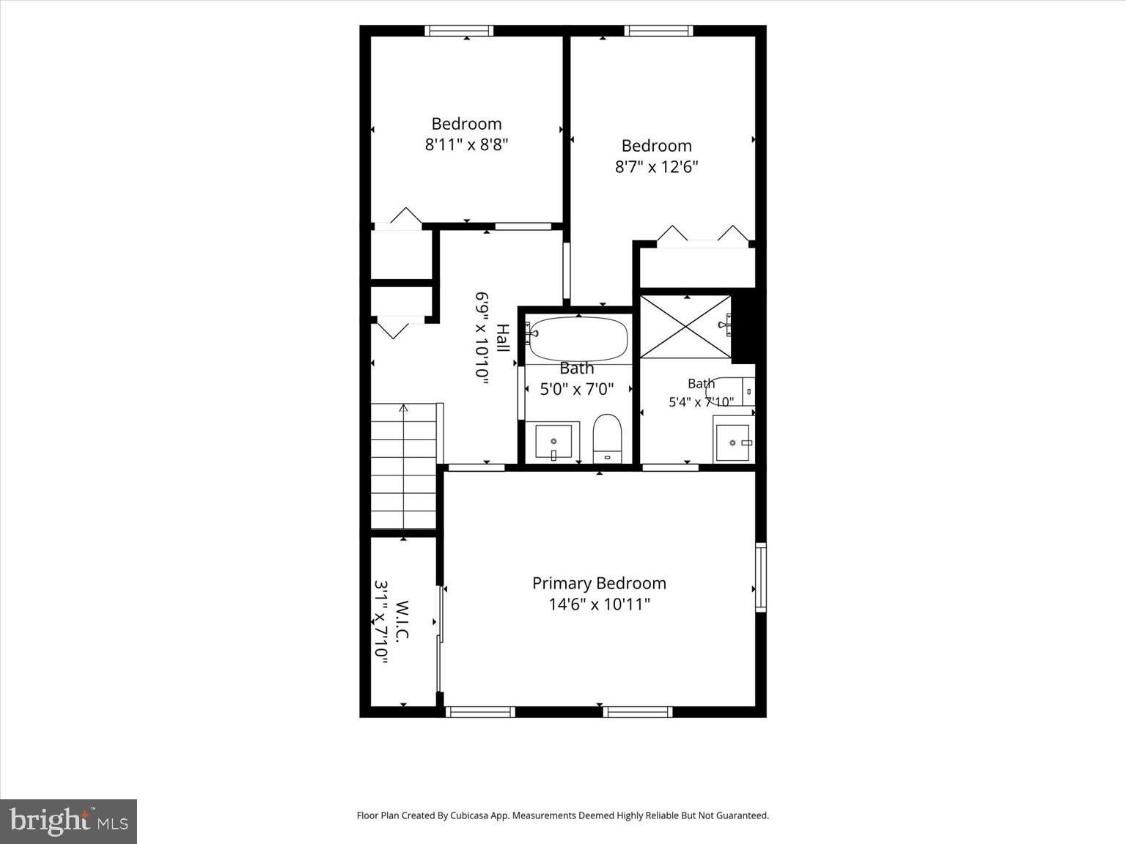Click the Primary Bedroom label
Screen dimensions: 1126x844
(x=599, y=583)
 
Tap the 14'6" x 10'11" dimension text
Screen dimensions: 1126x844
(x=599, y=604)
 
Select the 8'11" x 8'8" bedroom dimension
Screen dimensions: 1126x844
(x=466, y=145)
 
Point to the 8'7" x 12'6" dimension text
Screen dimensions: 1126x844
(x=657, y=167)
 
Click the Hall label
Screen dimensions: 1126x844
(x=503, y=338)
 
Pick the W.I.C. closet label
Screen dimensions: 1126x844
(x=402, y=620)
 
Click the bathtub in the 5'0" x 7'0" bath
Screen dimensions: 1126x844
(x=578, y=338)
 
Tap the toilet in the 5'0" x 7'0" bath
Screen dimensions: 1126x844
(x=607, y=439)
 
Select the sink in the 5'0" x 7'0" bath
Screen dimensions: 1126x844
(x=553, y=442)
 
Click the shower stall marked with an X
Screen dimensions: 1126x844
(x=685, y=327)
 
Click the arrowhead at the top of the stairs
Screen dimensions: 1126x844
(x=403, y=408)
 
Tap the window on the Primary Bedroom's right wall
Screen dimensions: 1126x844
(x=761, y=577)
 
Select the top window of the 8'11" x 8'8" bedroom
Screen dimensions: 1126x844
(x=459, y=31)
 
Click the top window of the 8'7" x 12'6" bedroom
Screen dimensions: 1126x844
(x=659, y=31)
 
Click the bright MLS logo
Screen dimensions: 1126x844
(x=68, y=821)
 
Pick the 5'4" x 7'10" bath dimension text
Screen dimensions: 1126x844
(x=702, y=401)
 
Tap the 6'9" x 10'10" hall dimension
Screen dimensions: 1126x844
(x=482, y=338)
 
